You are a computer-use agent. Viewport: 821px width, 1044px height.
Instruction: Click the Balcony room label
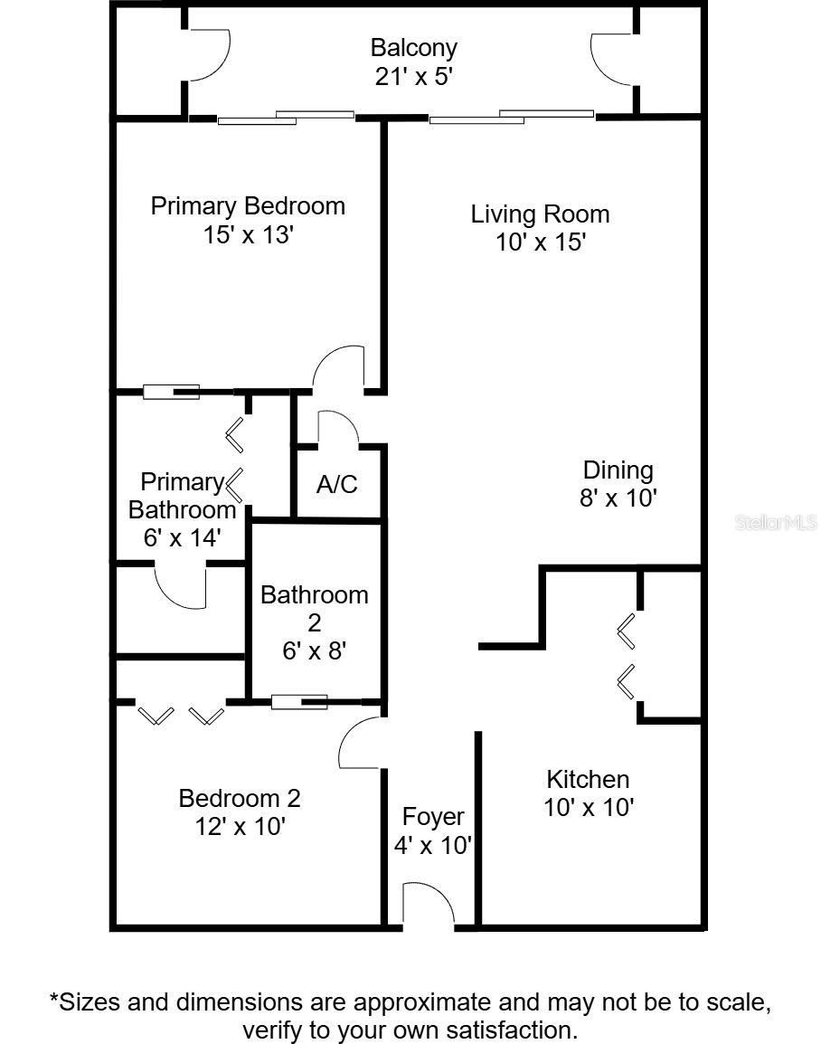click(x=414, y=49)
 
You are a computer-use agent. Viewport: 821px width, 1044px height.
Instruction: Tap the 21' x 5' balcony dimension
click(x=414, y=77)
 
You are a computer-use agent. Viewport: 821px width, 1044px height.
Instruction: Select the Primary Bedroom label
click(x=248, y=205)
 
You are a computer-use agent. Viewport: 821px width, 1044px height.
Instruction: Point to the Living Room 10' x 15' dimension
click(x=540, y=242)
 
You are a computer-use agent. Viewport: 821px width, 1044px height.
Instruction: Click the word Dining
click(x=618, y=470)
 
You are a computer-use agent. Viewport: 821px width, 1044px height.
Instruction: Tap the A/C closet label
click(x=337, y=484)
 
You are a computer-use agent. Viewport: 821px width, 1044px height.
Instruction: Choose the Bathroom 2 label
click(x=314, y=609)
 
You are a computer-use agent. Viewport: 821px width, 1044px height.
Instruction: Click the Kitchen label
click(x=588, y=779)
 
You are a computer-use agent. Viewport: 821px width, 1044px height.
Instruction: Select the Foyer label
click(x=433, y=817)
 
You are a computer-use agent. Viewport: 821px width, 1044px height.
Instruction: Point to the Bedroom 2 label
click(x=240, y=798)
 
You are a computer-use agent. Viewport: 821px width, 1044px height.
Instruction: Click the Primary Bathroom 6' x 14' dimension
click(x=183, y=537)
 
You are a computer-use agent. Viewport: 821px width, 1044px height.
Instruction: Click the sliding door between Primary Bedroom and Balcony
click(x=286, y=118)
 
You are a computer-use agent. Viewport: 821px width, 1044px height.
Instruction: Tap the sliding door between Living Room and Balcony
click(x=512, y=118)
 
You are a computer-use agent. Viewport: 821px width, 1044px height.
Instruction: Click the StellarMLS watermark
click(x=776, y=523)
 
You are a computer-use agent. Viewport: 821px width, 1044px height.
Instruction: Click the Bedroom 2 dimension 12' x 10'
click(x=241, y=826)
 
